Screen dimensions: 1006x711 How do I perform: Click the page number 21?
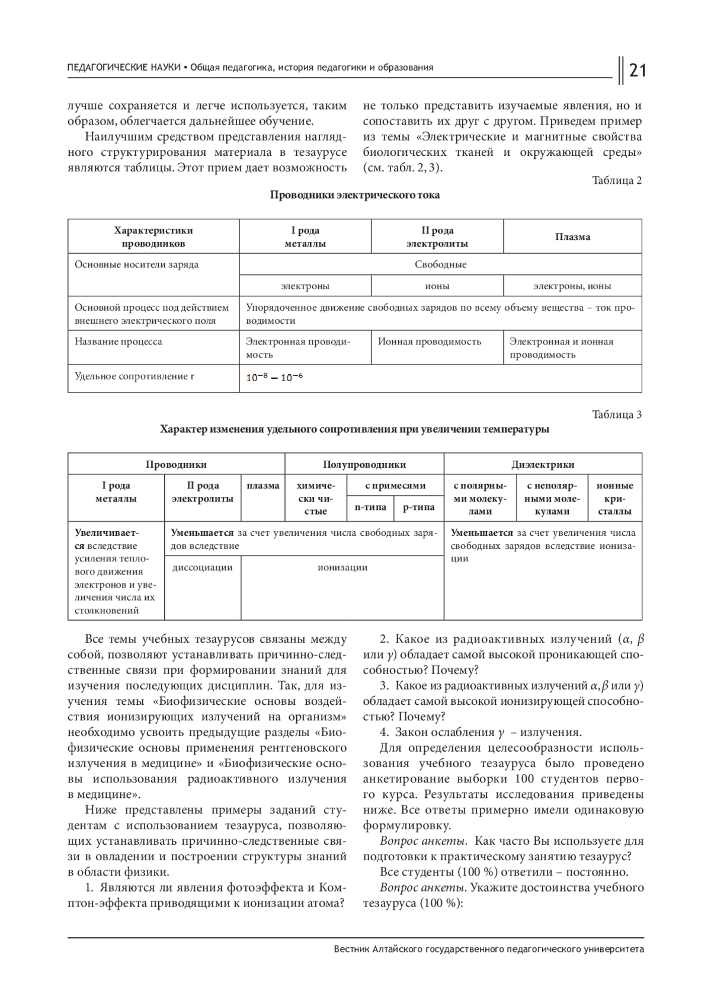pos(637,70)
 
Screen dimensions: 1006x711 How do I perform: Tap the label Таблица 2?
pos(617,180)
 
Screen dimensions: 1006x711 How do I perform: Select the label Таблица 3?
pos(617,414)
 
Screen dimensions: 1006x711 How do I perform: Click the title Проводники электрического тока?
pos(355,195)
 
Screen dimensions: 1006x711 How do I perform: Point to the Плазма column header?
pos(572,237)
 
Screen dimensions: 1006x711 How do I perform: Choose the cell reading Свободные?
pos(440,264)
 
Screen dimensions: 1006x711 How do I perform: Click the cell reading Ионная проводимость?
pos(430,341)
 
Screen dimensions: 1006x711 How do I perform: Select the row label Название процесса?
pos(118,341)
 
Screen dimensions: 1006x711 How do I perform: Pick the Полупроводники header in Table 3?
pos(364,465)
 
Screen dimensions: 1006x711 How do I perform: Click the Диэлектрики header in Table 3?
pos(543,465)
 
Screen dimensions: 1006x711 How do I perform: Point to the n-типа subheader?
pos(370,507)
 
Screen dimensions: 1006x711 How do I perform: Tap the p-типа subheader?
pos(418,507)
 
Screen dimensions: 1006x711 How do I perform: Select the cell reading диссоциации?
pos(202,567)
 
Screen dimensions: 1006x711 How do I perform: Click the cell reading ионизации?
pos(342,567)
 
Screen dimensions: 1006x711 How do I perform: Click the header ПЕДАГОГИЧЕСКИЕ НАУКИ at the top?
pos(124,68)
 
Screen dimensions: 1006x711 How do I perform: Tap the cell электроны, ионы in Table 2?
pos(572,286)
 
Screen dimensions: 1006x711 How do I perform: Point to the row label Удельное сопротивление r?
pos(134,376)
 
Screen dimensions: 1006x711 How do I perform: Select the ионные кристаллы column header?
pos(614,498)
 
